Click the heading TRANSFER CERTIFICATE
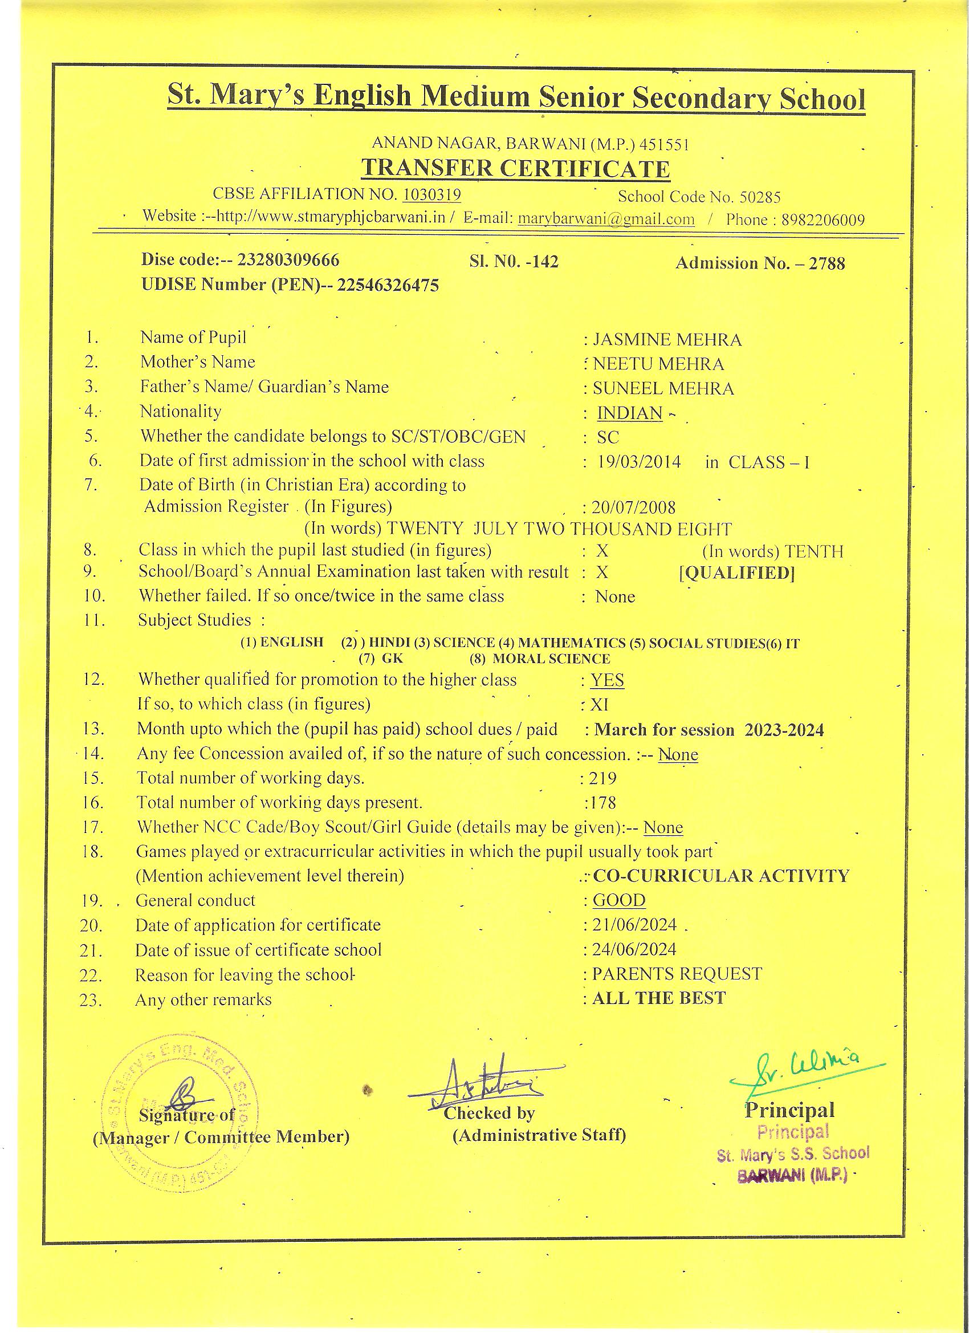pyautogui.click(x=515, y=169)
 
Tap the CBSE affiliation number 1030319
pyautogui.click(x=432, y=194)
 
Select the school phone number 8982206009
pyautogui.click(x=823, y=220)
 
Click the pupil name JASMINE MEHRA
pyautogui.click(x=667, y=340)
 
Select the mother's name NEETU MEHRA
pyautogui.click(x=658, y=364)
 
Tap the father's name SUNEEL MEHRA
pyautogui.click(x=663, y=388)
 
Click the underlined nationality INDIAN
pyautogui.click(x=629, y=413)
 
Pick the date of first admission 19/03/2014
pyautogui.click(x=639, y=462)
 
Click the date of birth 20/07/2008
pyautogui.click(x=633, y=507)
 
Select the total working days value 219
pyautogui.click(x=602, y=778)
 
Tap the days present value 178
pyautogui.click(x=603, y=802)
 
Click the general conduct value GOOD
pyautogui.click(x=619, y=900)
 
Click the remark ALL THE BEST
pyautogui.click(x=659, y=998)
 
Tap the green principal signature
pyautogui.click(x=805, y=1071)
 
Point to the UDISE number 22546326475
pyautogui.click(x=387, y=286)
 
